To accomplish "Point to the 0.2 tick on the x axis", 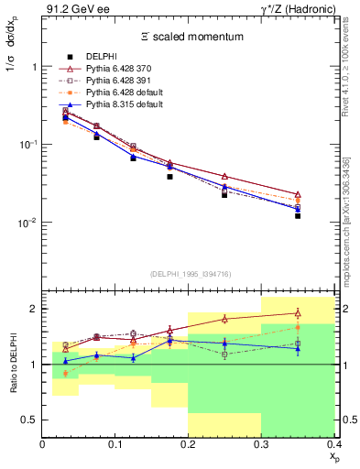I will point(189,444).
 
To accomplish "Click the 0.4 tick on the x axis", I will point(333,444).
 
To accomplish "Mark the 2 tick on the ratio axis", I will point(36,309).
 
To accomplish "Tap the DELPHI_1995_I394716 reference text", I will point(189,274).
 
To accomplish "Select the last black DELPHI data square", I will point(298,216).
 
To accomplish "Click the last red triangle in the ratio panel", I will point(298,312).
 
